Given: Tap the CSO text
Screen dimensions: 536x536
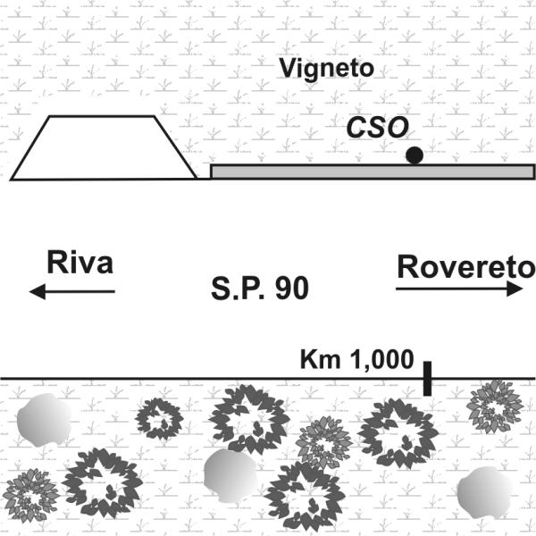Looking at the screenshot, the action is point(373,130).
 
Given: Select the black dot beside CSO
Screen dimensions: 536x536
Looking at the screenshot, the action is point(414,155).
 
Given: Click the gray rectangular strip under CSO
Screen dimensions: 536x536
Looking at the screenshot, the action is point(372,172).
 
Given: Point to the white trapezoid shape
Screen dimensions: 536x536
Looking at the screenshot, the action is point(104,148).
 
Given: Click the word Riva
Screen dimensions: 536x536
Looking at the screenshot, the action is point(80,264).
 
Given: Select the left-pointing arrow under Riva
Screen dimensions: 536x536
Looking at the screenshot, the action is point(71,291).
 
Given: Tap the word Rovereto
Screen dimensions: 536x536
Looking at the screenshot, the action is point(465,266).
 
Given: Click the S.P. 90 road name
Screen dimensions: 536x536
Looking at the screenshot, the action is point(260,289).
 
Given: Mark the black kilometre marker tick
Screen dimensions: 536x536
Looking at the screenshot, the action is point(428,377).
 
